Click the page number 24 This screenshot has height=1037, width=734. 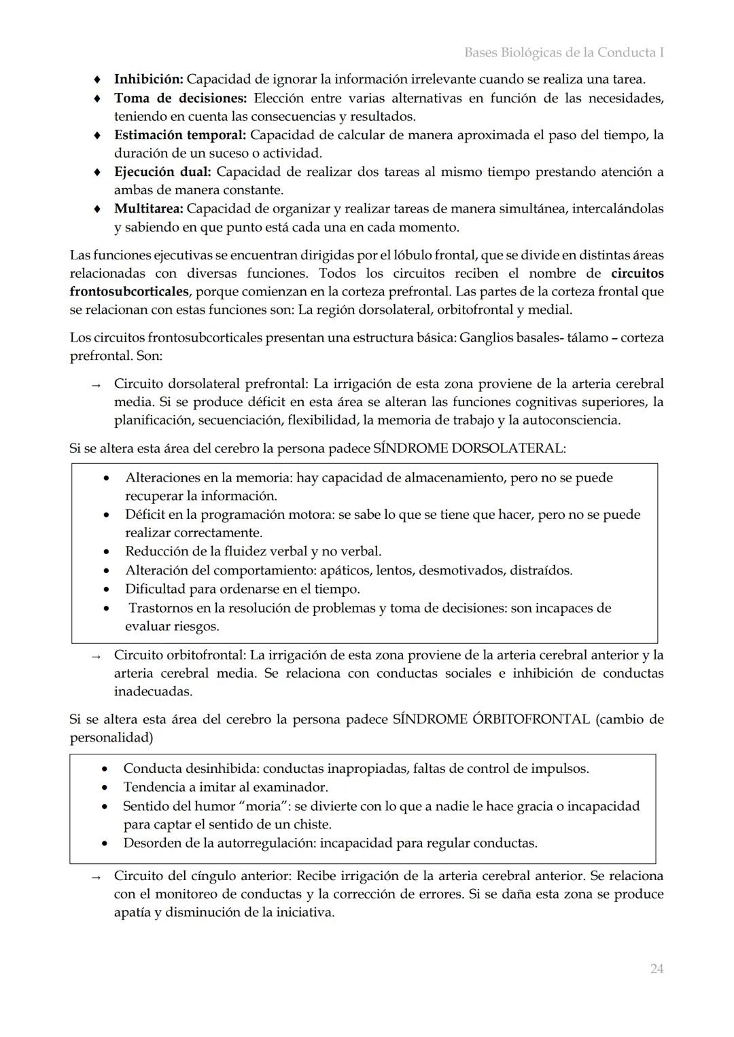click(656, 968)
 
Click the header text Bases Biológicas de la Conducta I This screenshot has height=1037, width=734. click(563, 52)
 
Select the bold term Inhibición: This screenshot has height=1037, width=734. click(148, 79)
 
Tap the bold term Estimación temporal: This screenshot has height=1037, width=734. click(179, 134)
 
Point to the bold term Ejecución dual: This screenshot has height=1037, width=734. click(162, 172)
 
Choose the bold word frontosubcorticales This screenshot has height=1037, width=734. click(129, 292)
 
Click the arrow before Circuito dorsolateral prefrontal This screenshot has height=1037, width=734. click(97, 385)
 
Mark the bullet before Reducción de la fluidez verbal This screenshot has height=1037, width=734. click(107, 552)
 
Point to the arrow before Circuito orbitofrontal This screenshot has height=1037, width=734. click(97, 657)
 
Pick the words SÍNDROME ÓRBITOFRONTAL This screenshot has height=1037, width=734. click(491, 719)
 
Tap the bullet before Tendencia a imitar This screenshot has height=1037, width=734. click(104, 788)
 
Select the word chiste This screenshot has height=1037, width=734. click(309, 824)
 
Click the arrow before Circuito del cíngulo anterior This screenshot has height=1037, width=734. click(97, 877)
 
